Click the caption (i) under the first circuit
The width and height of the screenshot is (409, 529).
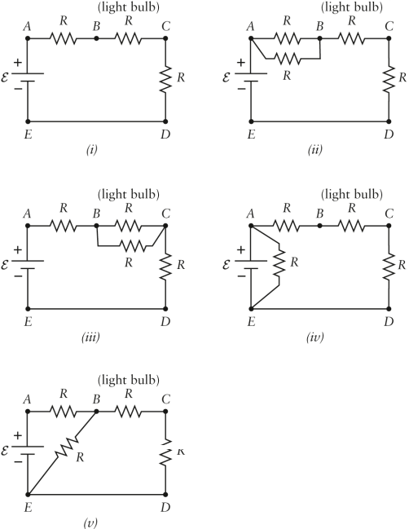click(96, 148)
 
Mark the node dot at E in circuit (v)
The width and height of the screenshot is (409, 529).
click(28, 495)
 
